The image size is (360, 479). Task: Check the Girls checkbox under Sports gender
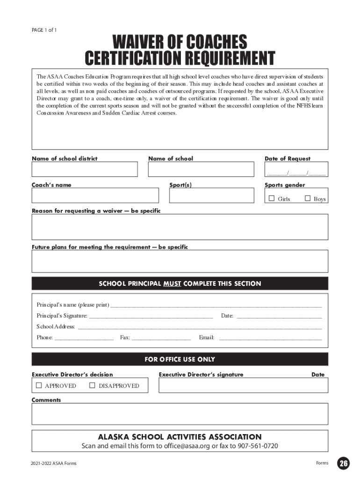[x=272, y=198]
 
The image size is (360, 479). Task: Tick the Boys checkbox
[x=308, y=198]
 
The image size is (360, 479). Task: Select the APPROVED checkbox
[x=39, y=385]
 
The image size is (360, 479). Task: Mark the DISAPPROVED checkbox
[x=92, y=385]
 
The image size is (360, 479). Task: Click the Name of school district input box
[x=85, y=169]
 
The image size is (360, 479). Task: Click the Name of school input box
[x=201, y=169]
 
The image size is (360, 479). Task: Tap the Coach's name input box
[x=95, y=196]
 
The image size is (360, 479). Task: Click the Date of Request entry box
[x=296, y=169]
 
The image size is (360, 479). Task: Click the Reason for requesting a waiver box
[x=180, y=227]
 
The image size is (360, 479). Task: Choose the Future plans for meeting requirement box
[x=180, y=261]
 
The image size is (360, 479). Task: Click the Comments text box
[x=180, y=414]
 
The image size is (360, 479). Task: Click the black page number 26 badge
[x=344, y=463]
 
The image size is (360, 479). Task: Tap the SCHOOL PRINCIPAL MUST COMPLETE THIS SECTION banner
[x=180, y=283]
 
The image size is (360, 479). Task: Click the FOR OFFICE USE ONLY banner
[x=180, y=359]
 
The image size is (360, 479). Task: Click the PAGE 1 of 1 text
[x=44, y=30]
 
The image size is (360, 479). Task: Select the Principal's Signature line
[x=151, y=316]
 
